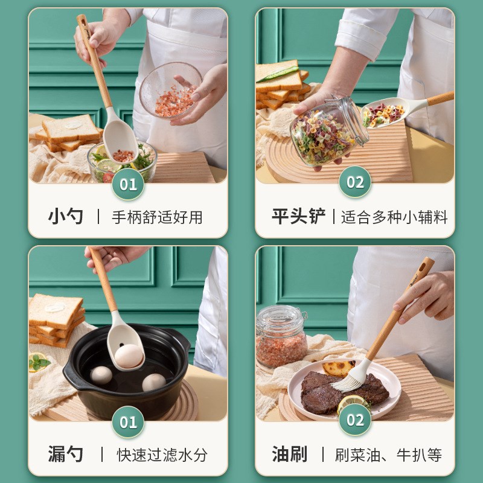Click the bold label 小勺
pos(66,217)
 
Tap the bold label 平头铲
pos(298,217)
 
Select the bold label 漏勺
pos(66,454)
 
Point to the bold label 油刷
pos(289,454)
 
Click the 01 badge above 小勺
pos(129,184)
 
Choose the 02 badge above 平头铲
pos(355,182)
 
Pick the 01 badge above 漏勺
pos(129,421)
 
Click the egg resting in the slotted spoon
pos(129,356)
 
